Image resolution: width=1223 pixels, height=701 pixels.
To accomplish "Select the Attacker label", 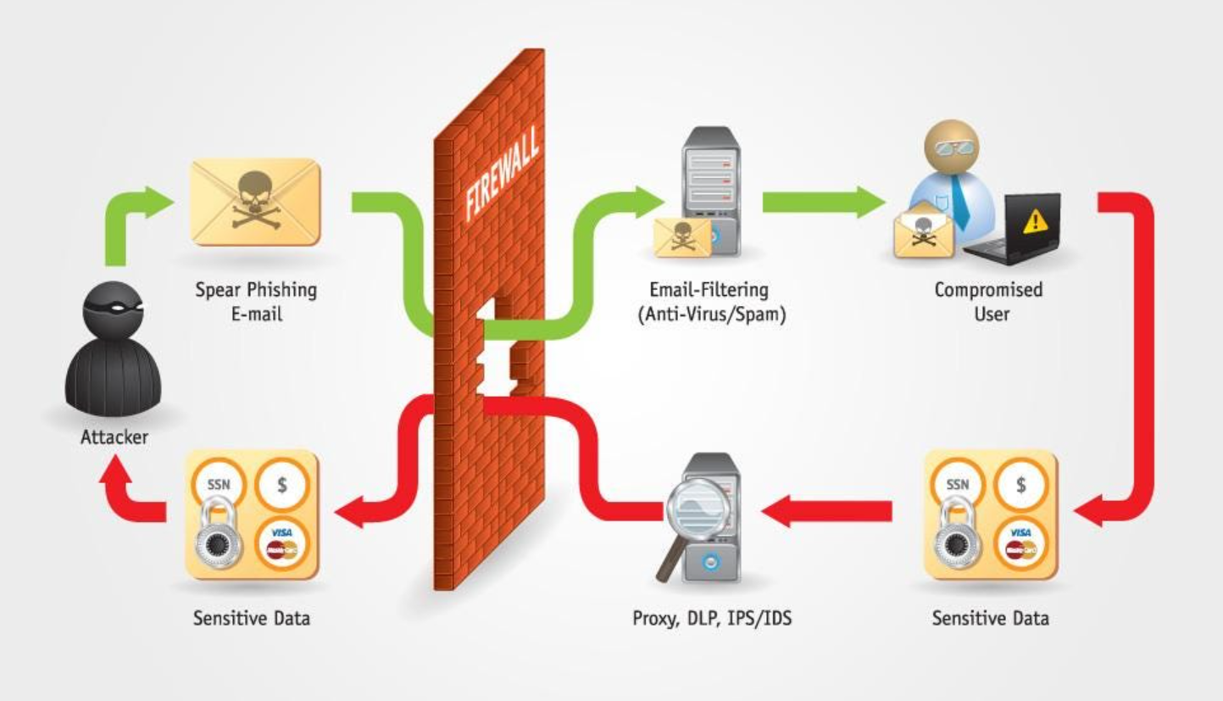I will [114, 437].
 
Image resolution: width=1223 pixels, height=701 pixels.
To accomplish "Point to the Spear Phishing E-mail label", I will [255, 301].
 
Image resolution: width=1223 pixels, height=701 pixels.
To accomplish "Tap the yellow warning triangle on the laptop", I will [1035, 221].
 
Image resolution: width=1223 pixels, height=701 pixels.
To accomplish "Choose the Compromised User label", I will [988, 301].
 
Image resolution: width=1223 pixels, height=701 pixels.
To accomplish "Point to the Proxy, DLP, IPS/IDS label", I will [712, 618].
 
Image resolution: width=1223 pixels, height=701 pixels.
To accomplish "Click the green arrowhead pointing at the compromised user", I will [872, 202].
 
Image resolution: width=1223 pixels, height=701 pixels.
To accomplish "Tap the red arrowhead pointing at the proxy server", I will [775, 510].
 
